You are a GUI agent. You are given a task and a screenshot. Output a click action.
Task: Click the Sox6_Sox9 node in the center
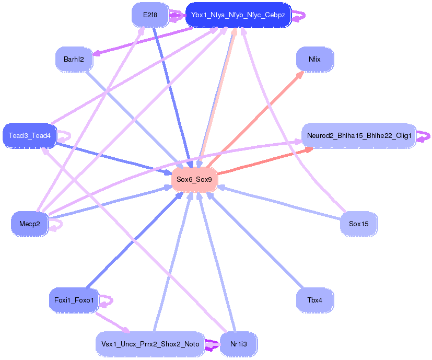194,179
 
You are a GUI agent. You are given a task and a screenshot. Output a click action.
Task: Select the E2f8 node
150,15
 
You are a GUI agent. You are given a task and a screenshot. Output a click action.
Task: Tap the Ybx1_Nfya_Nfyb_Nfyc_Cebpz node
238,15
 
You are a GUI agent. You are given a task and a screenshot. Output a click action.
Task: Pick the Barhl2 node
74,59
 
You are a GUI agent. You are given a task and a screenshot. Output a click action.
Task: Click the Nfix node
314,59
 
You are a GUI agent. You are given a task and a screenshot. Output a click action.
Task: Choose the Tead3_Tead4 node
29,135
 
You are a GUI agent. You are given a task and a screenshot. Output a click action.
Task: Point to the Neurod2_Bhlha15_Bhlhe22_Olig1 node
359,135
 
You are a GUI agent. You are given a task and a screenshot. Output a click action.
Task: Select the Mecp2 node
29,224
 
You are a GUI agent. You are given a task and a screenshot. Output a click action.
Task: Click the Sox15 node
358,224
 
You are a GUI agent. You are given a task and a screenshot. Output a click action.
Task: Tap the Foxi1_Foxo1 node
74,300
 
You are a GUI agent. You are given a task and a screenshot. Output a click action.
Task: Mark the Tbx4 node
314,300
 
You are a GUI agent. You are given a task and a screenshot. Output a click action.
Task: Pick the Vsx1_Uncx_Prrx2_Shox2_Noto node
149,344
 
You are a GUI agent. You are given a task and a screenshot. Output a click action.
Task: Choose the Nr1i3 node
238,344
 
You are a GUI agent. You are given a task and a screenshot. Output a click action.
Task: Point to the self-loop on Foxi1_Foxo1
107,300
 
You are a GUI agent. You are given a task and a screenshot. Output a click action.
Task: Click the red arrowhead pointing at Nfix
300,74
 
